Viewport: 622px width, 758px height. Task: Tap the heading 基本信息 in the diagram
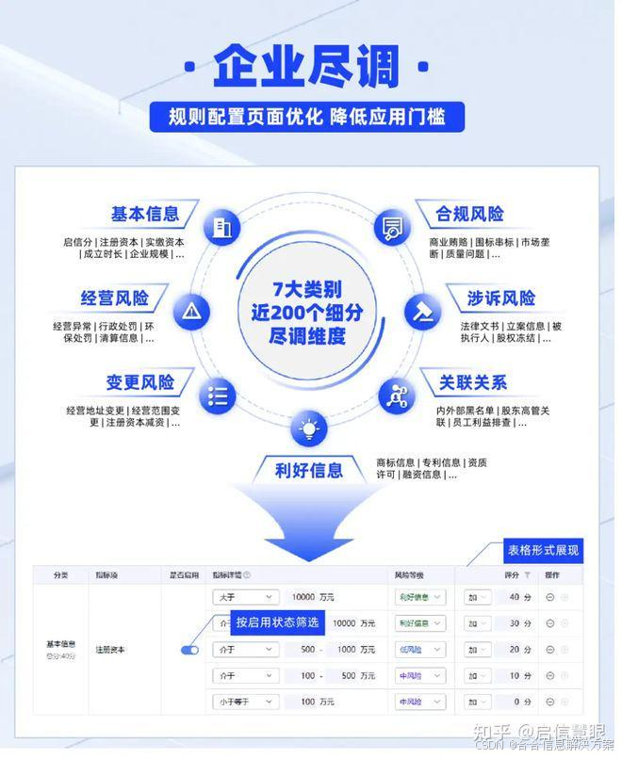[x=145, y=214]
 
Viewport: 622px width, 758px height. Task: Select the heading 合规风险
[x=469, y=214]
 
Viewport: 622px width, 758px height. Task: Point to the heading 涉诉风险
[x=500, y=298]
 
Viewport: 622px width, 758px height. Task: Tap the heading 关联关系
[x=472, y=382]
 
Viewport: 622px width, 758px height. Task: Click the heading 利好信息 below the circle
[x=308, y=469]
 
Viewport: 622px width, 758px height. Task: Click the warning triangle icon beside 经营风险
[x=192, y=311]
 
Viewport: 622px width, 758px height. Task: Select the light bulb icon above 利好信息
[x=308, y=429]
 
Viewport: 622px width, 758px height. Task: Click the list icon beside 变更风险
[x=219, y=395]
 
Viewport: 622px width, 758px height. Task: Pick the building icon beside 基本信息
[x=221, y=228]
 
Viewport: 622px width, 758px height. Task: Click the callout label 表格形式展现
[x=544, y=550]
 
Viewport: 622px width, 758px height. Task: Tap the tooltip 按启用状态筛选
[x=277, y=621]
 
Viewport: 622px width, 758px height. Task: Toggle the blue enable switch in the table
[x=189, y=650]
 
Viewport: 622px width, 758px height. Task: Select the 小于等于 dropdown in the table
[x=244, y=702]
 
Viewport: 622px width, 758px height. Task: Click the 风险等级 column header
[x=410, y=574]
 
